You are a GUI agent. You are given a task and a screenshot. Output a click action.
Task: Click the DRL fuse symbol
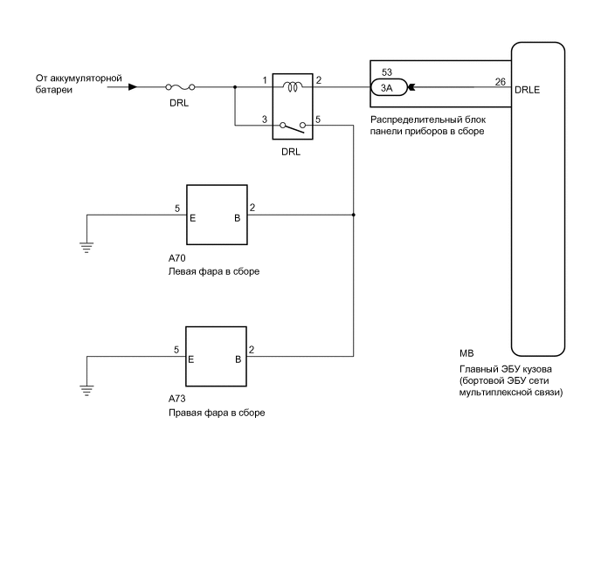[x=179, y=86]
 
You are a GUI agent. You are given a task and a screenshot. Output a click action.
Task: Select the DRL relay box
[x=292, y=107]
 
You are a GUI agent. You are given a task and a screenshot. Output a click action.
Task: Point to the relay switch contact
[x=292, y=127]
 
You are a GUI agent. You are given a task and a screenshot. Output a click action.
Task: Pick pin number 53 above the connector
[x=387, y=72]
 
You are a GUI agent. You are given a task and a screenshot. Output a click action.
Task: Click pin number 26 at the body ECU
[x=500, y=81]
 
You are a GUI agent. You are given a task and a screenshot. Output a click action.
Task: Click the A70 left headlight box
[x=217, y=215]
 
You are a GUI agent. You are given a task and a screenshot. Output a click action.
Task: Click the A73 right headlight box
[x=217, y=356]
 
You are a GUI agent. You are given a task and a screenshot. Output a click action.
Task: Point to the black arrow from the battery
[x=132, y=86]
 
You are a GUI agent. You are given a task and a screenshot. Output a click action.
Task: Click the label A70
[x=178, y=258]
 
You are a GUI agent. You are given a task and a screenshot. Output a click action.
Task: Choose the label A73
[x=178, y=400]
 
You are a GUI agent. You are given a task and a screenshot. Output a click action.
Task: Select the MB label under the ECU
[x=466, y=355]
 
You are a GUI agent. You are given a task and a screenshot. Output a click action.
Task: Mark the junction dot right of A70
[x=353, y=215]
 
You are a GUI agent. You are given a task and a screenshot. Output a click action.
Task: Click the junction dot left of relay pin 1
[x=235, y=86]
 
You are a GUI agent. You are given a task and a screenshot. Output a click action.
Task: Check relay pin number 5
[x=319, y=120]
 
